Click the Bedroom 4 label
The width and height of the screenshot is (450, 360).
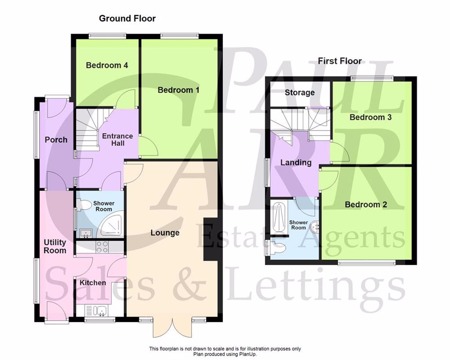coord(107,65)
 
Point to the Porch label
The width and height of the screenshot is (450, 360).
coord(56,140)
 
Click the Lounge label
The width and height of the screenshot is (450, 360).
coord(165,233)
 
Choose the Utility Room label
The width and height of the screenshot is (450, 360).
coord(55,246)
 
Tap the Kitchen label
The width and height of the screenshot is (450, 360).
coord(92,283)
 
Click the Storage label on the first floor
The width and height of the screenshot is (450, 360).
coord(299,93)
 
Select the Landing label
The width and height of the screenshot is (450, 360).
coord(296,163)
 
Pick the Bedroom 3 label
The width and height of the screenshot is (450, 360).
coord(370,117)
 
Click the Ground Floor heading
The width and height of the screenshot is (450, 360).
coord(127,18)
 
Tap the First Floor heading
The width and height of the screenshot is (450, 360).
coord(340,61)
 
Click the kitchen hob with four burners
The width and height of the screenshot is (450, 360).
coord(102,247)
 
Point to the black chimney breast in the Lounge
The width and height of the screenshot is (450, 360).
coord(210,240)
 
